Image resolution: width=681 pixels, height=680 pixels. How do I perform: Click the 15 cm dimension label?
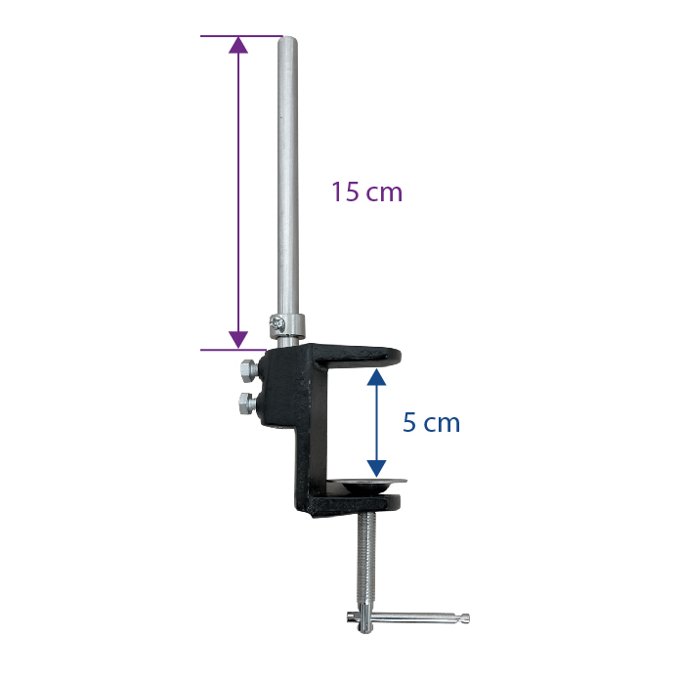pos(367,191)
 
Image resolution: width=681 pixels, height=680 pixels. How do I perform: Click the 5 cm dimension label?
pos(431,422)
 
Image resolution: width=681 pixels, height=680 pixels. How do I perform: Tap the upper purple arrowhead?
pos(238,45)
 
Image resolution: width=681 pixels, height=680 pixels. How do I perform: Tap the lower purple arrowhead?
pos(238,340)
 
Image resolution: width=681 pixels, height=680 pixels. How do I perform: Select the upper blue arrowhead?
pos(376,377)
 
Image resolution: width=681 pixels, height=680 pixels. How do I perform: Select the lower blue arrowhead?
pos(376,469)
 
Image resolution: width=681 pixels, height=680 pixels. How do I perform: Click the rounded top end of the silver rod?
pos(287,39)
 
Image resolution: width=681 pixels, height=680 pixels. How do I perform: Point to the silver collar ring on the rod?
pos(286,326)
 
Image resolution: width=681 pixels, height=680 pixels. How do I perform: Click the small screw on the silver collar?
pos(277,321)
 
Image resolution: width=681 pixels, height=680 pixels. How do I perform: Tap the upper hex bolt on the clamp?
pos(248,370)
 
